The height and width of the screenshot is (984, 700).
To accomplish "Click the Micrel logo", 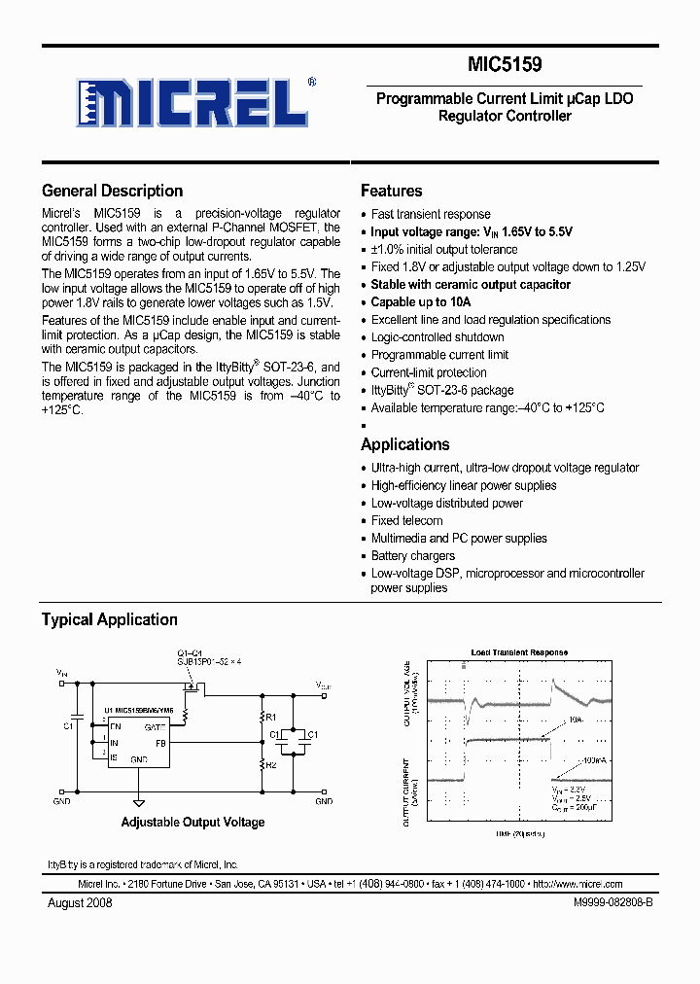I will (195, 101).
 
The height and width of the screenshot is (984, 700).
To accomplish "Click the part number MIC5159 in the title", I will (505, 65).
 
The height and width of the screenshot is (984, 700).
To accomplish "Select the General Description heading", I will (112, 191).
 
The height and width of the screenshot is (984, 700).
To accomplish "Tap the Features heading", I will (391, 191).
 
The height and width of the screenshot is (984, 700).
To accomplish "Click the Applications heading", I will (404, 444).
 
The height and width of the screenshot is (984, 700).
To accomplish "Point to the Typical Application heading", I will (109, 619).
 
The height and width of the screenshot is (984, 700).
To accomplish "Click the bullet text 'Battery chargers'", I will (412, 555).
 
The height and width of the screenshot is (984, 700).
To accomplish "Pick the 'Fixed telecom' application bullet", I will (406, 520).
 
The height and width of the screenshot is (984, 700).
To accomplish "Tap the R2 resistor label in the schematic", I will (271, 765).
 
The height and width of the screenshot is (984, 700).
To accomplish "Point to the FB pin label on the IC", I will (160, 743).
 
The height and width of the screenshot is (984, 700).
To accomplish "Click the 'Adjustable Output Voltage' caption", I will (192, 823).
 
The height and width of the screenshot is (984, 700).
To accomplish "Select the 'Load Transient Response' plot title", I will (519, 652).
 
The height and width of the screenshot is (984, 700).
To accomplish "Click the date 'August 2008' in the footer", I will (80, 902).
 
